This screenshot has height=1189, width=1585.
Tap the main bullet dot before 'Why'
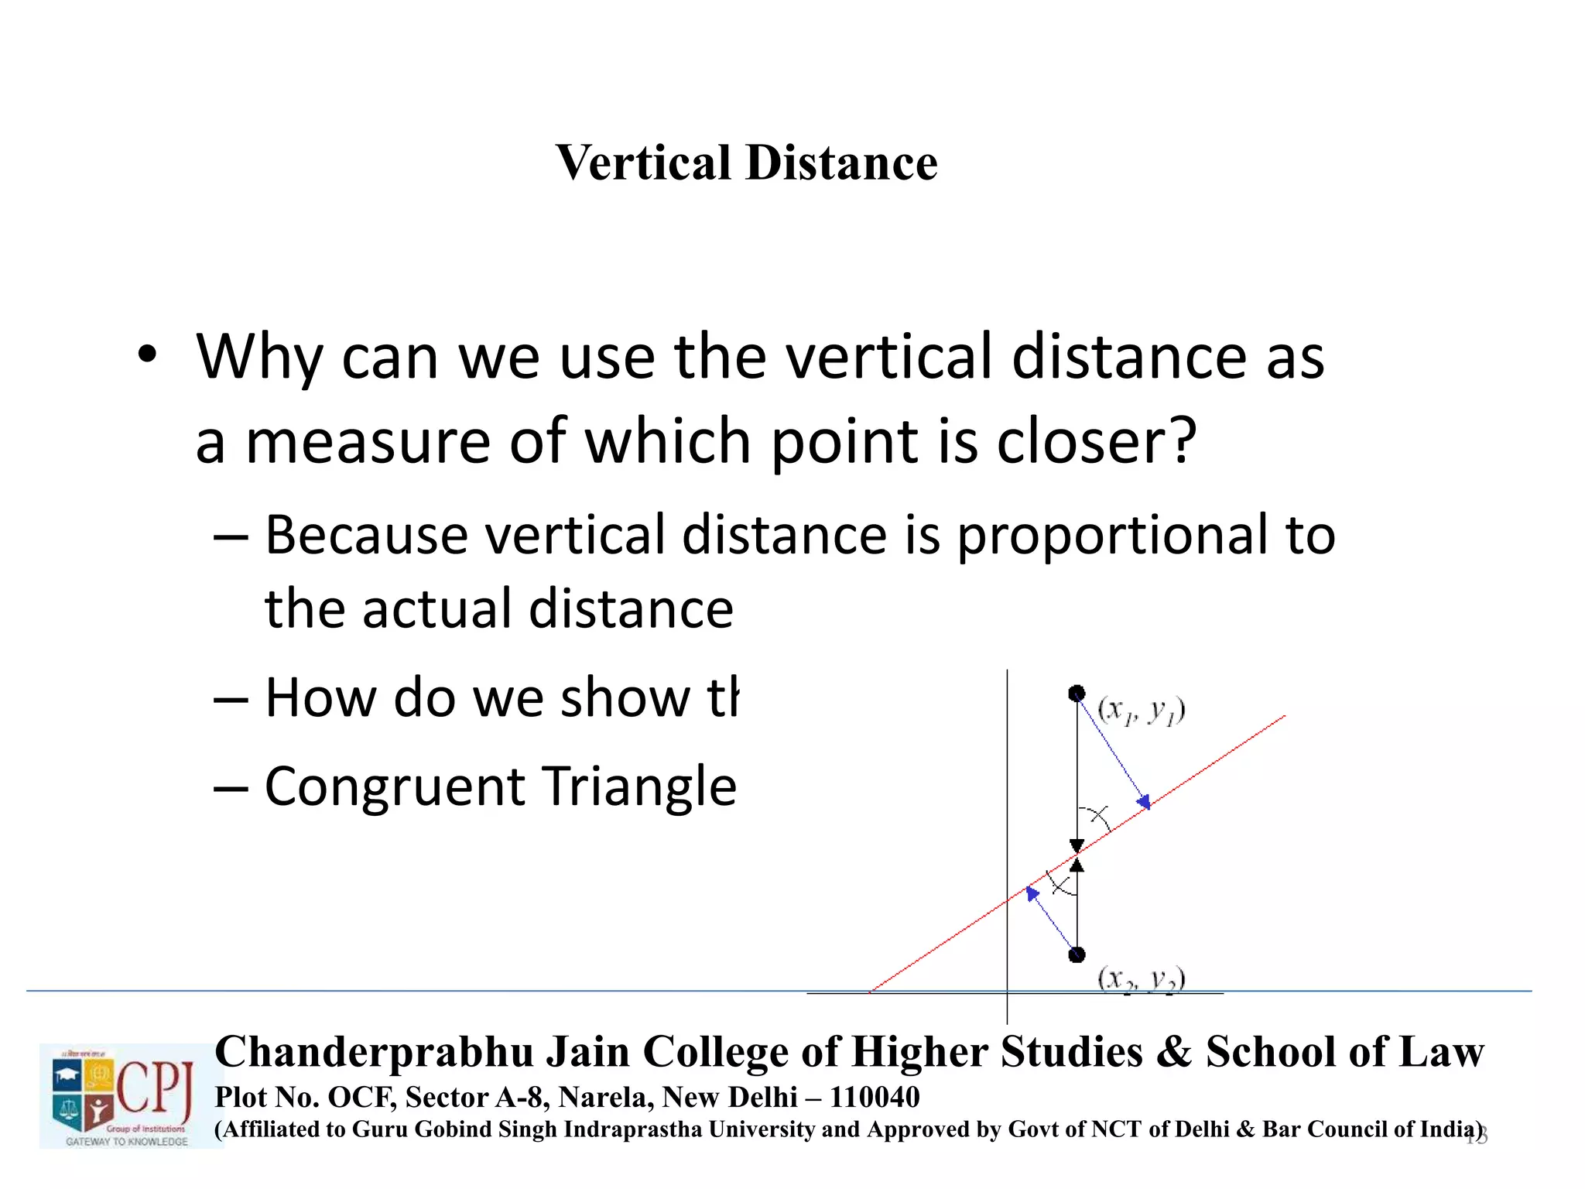pos(147,356)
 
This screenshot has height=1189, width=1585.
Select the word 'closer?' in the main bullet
pos(1097,441)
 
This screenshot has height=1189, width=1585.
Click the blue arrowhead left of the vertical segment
pos(1032,893)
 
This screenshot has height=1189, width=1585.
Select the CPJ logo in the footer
pos(124,1095)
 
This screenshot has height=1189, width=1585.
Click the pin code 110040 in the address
pos(875,1097)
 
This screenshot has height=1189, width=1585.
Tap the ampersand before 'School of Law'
pos(1174,1052)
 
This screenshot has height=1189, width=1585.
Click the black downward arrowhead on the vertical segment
pos(1077,845)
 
